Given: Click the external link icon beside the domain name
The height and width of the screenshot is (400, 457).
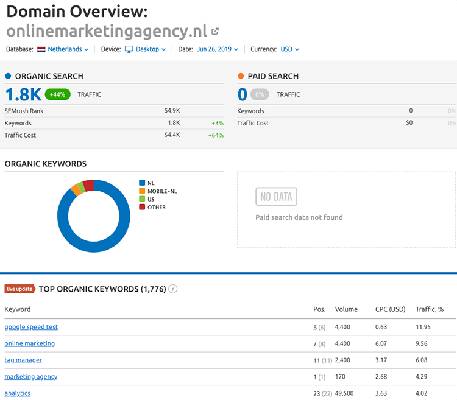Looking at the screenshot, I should coord(215,31).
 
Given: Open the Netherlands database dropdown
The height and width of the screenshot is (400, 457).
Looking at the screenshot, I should coord(63,49).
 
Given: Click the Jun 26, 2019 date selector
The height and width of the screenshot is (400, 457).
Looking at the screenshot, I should coord(217,49).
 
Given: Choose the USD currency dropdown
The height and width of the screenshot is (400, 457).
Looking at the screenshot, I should coord(289,49).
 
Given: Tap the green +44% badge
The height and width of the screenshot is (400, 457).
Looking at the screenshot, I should coord(58,94).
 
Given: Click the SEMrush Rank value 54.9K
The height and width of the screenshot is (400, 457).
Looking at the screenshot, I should coord(172,111).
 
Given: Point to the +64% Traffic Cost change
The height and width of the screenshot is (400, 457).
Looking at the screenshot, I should coord(217,135).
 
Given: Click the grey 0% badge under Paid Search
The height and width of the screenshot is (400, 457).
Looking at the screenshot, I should coord(260,94).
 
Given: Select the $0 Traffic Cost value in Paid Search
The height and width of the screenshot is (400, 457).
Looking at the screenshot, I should coord(409,123).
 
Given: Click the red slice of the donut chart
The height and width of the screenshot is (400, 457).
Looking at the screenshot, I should coord(89,185).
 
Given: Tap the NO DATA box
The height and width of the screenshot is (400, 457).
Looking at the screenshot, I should coord(276,197).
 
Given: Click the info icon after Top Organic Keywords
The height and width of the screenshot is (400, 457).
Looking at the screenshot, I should coord(173,289).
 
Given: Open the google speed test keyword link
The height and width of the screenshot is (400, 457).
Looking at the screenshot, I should coord(31,327).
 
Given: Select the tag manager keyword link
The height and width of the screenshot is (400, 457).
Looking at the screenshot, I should coord(23,360).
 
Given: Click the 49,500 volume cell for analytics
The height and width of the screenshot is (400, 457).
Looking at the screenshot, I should coord(345,393).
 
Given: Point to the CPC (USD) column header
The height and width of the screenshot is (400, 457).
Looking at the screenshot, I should coord(389,309).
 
